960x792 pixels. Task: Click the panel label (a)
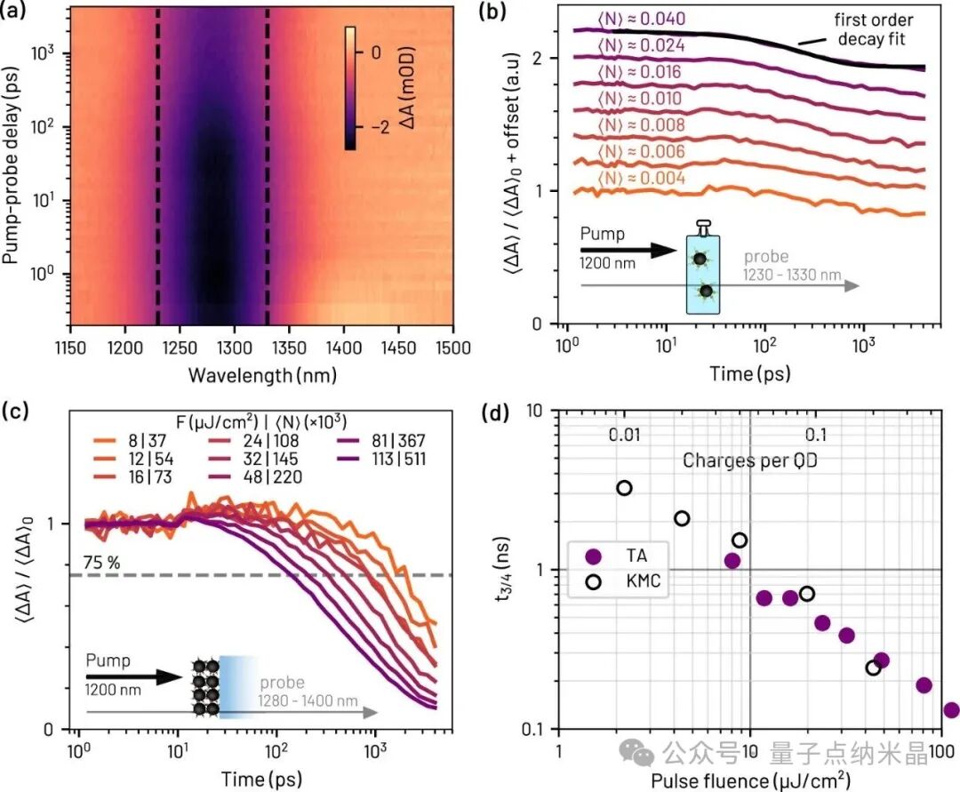pos(13,11)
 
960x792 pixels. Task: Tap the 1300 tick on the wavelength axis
pos(234,348)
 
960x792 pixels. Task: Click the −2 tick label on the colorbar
pos(380,126)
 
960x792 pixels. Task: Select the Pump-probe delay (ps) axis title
pos(11,165)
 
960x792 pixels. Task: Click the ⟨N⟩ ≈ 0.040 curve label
pos(641,19)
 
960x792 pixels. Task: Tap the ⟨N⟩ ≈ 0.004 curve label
pos(641,178)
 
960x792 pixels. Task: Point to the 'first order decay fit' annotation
pos(873,29)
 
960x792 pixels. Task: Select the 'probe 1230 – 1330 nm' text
pos(792,266)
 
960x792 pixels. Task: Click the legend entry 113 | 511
pos(398,459)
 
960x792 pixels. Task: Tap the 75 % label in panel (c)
pos(101,562)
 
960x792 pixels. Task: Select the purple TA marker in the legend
pos(593,556)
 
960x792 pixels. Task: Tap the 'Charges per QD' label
pos(750,460)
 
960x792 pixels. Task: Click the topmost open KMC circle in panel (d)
pos(625,488)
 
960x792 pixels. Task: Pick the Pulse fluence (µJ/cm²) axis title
pos(750,780)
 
